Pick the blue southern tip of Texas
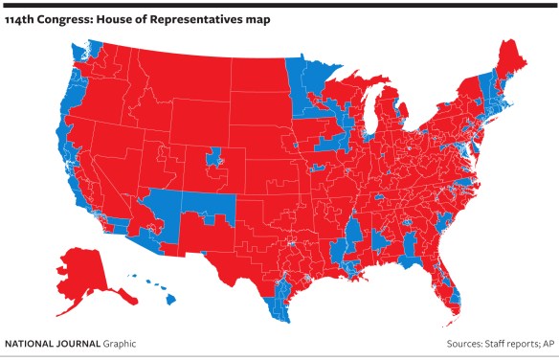277,303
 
